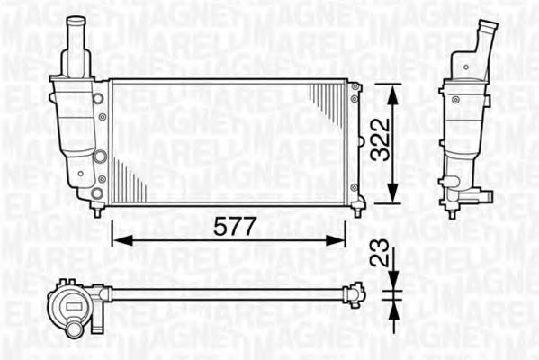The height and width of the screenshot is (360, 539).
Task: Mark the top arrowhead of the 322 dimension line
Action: click(x=392, y=89)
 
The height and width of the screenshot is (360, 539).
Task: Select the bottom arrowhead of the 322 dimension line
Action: click(x=392, y=199)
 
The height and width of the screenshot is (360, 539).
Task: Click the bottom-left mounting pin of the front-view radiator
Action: click(x=97, y=211)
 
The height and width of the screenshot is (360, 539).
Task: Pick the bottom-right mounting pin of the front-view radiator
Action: click(x=357, y=211)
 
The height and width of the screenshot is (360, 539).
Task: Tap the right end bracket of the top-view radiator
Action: click(x=357, y=292)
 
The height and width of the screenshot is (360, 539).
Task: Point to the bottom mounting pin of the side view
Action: click(x=453, y=211)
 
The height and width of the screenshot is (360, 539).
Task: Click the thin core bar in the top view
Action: click(x=225, y=292)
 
